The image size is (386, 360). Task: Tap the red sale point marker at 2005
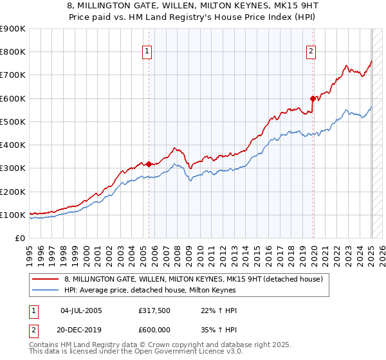click(149, 164)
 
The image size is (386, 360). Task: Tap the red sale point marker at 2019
click(313, 98)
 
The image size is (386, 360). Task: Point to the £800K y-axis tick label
click(13, 52)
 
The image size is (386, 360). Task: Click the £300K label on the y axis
click(13, 168)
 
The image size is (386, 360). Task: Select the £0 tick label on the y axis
click(21, 239)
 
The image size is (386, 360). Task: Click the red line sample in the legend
click(46, 278)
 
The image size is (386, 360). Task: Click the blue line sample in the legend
click(46, 289)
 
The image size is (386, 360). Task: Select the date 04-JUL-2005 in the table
click(81, 310)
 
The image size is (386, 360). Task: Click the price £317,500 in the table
click(154, 310)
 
